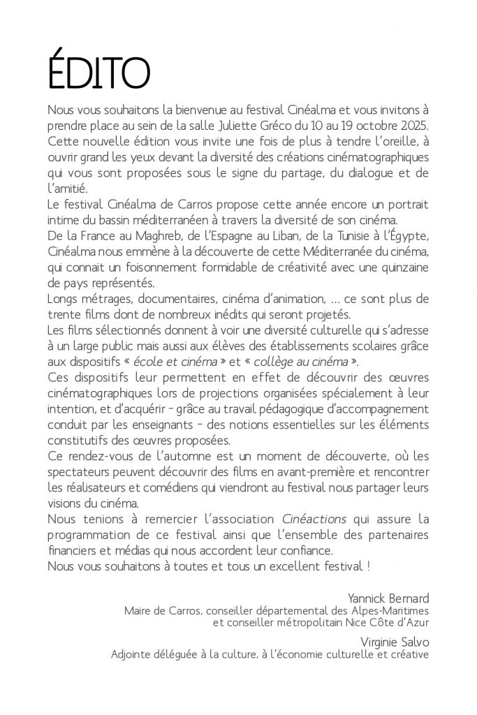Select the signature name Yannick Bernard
[391, 598]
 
